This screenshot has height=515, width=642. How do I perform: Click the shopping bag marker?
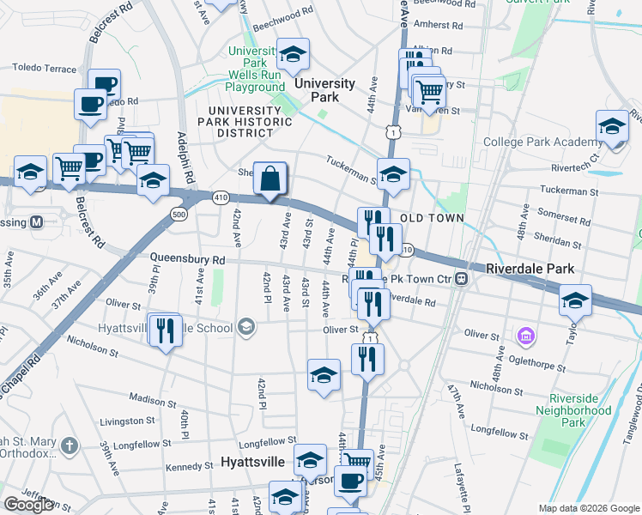(x=270, y=179)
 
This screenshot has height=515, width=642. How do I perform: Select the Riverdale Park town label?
(x=530, y=269)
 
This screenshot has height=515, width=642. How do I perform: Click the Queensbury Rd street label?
(x=187, y=258)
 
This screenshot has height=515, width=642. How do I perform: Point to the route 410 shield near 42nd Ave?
(x=221, y=197)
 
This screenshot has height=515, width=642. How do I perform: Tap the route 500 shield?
(x=179, y=215)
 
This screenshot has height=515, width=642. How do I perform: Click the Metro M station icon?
(x=37, y=221)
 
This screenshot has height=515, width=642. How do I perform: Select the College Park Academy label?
(x=541, y=142)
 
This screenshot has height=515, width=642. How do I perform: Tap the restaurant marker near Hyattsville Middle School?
(x=165, y=330)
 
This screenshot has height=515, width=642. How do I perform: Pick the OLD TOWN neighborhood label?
(x=433, y=218)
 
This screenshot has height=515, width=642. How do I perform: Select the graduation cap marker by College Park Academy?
(x=613, y=127)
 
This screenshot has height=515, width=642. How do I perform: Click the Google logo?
(x=28, y=505)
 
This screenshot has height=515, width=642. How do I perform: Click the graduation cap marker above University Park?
(x=293, y=56)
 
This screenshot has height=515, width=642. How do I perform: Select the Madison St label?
(x=152, y=398)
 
